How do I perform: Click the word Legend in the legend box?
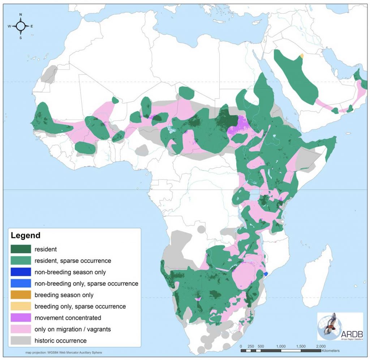(x=26, y=236)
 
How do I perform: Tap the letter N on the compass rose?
(x=21, y=15)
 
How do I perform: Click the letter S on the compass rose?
(x=21, y=37)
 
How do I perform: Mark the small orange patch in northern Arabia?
(x=302, y=56)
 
